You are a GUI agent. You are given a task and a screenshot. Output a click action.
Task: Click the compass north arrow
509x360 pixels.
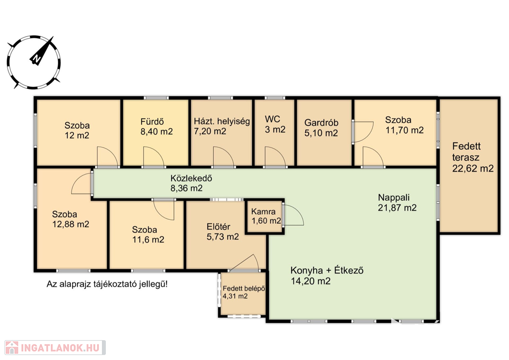[x=43, y=50]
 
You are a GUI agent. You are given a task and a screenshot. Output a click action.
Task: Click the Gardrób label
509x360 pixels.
[x=321, y=123]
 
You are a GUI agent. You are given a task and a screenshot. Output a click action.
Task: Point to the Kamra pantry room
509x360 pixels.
[x=264, y=216]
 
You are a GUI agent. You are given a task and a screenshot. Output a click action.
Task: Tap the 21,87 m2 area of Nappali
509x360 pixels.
[x=397, y=208]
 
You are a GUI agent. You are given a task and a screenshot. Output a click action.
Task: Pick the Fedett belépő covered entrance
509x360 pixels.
[x=243, y=294]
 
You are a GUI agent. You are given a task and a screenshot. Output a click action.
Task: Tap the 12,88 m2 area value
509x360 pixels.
[x=71, y=224]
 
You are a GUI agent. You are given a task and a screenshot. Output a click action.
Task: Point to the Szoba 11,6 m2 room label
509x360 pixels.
[x=148, y=235]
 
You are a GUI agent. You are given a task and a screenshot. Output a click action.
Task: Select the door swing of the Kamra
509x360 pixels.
[x=293, y=215]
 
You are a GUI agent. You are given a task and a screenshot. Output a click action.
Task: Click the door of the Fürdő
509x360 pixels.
[x=154, y=157]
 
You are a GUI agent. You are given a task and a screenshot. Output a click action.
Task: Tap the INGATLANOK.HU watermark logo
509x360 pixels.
[x=55, y=348]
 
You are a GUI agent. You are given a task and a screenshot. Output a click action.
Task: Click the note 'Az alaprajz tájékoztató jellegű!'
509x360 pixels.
[x=107, y=284]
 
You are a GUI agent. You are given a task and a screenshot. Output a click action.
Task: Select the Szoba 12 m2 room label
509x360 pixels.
[x=77, y=130]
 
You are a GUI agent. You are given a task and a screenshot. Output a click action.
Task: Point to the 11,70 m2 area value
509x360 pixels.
[x=405, y=130]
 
